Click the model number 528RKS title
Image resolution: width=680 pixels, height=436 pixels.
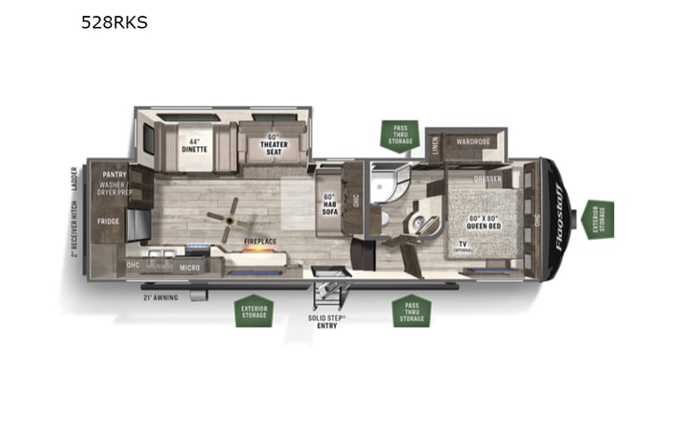(113, 22)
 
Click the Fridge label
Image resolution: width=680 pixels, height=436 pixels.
(109, 221)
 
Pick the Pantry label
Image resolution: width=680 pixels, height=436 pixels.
(113, 174)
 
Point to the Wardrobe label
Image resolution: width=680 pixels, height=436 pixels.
(473, 141)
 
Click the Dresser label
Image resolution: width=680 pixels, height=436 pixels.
(487, 178)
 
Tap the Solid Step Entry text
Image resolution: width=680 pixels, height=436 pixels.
(327, 321)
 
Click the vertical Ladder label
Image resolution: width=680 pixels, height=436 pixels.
(73, 177)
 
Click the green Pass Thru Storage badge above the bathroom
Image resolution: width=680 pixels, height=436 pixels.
(399, 136)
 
